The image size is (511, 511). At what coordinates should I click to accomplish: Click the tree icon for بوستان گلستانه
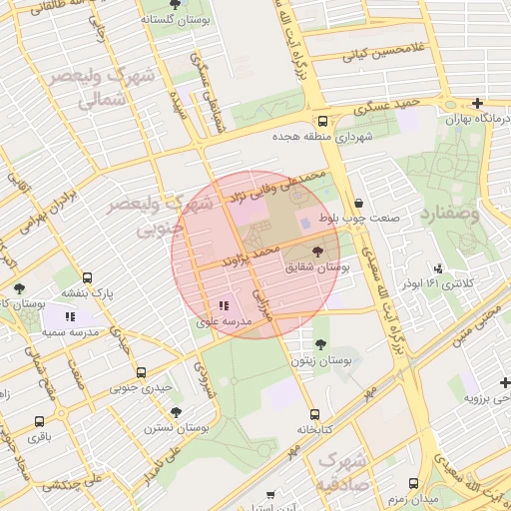(175, 5)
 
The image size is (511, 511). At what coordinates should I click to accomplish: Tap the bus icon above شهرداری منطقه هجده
(321, 122)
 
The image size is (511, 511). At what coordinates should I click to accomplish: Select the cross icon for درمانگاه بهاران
(477, 104)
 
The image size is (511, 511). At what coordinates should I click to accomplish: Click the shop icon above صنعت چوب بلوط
(358, 203)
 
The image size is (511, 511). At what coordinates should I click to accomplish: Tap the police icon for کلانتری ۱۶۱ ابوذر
(439, 267)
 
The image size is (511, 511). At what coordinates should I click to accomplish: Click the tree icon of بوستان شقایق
(318, 253)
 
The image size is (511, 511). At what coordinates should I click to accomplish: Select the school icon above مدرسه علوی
(224, 306)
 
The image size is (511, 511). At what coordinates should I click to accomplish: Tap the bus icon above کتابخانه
(314, 414)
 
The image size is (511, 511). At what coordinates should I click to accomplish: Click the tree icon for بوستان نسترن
(176, 411)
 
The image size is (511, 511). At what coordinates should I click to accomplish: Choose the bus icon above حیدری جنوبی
(139, 371)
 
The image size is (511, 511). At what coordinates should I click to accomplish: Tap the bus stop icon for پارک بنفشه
(88, 278)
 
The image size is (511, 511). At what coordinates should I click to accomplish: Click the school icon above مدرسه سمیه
(70, 316)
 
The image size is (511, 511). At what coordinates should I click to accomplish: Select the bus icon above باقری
(39, 421)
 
